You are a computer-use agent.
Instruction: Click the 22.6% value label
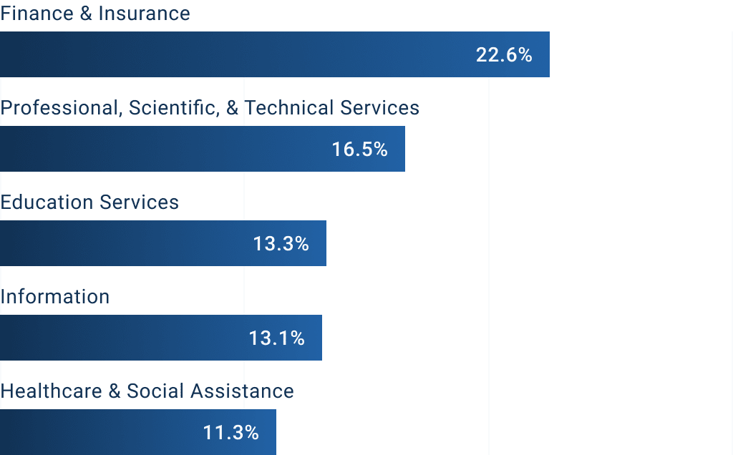click(504, 55)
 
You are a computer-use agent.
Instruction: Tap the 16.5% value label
click(359, 150)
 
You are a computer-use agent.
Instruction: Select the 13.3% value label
click(281, 244)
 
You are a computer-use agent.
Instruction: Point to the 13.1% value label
click(277, 338)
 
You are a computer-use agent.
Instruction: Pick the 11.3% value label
click(230, 433)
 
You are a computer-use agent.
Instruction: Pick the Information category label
click(55, 297)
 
